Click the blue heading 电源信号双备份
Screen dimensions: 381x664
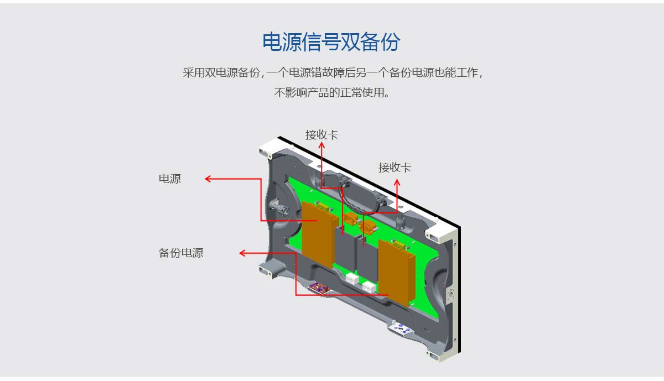pos(331,42)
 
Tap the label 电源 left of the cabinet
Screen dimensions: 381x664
pos(169,179)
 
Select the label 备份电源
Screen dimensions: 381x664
pos(181,253)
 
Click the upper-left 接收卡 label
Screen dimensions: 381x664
pos(321,134)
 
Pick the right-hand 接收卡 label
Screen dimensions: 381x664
pos(395,167)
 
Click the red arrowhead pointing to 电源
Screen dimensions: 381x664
pos(208,179)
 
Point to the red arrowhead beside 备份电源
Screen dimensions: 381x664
pos(242,253)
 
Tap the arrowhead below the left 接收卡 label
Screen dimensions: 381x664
pos(322,145)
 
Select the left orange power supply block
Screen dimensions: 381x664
pos(318,234)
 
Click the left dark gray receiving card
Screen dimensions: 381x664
pos(344,249)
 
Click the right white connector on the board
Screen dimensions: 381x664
pos(369,286)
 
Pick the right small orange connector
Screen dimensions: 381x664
pos(367,225)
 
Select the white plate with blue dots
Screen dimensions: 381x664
pos(402,329)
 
